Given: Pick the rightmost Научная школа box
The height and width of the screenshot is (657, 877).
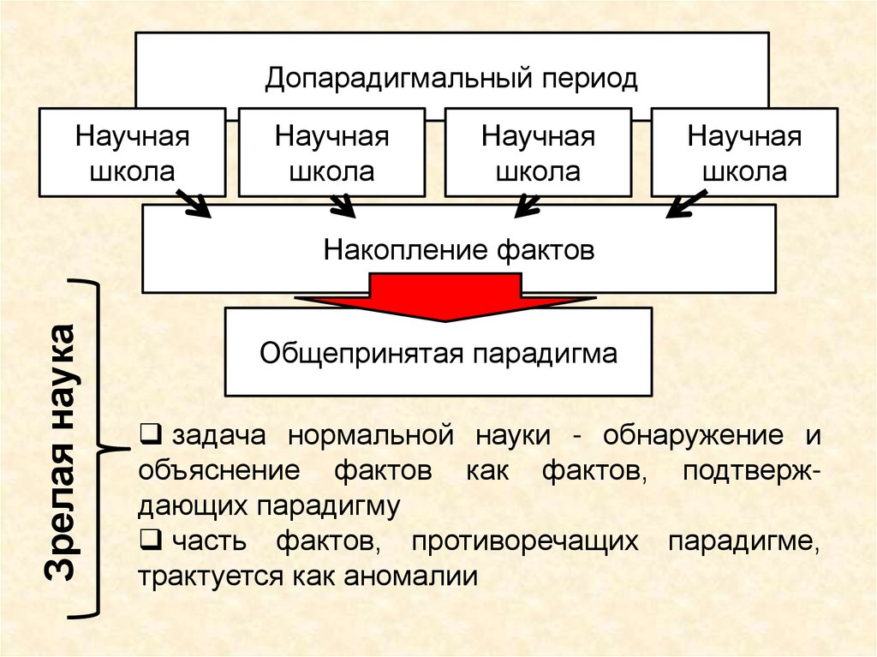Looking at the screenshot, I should tap(744, 152).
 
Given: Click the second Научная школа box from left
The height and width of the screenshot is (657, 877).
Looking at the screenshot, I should tap(331, 152).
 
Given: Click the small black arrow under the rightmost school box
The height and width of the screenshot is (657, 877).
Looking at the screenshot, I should tap(685, 204).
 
